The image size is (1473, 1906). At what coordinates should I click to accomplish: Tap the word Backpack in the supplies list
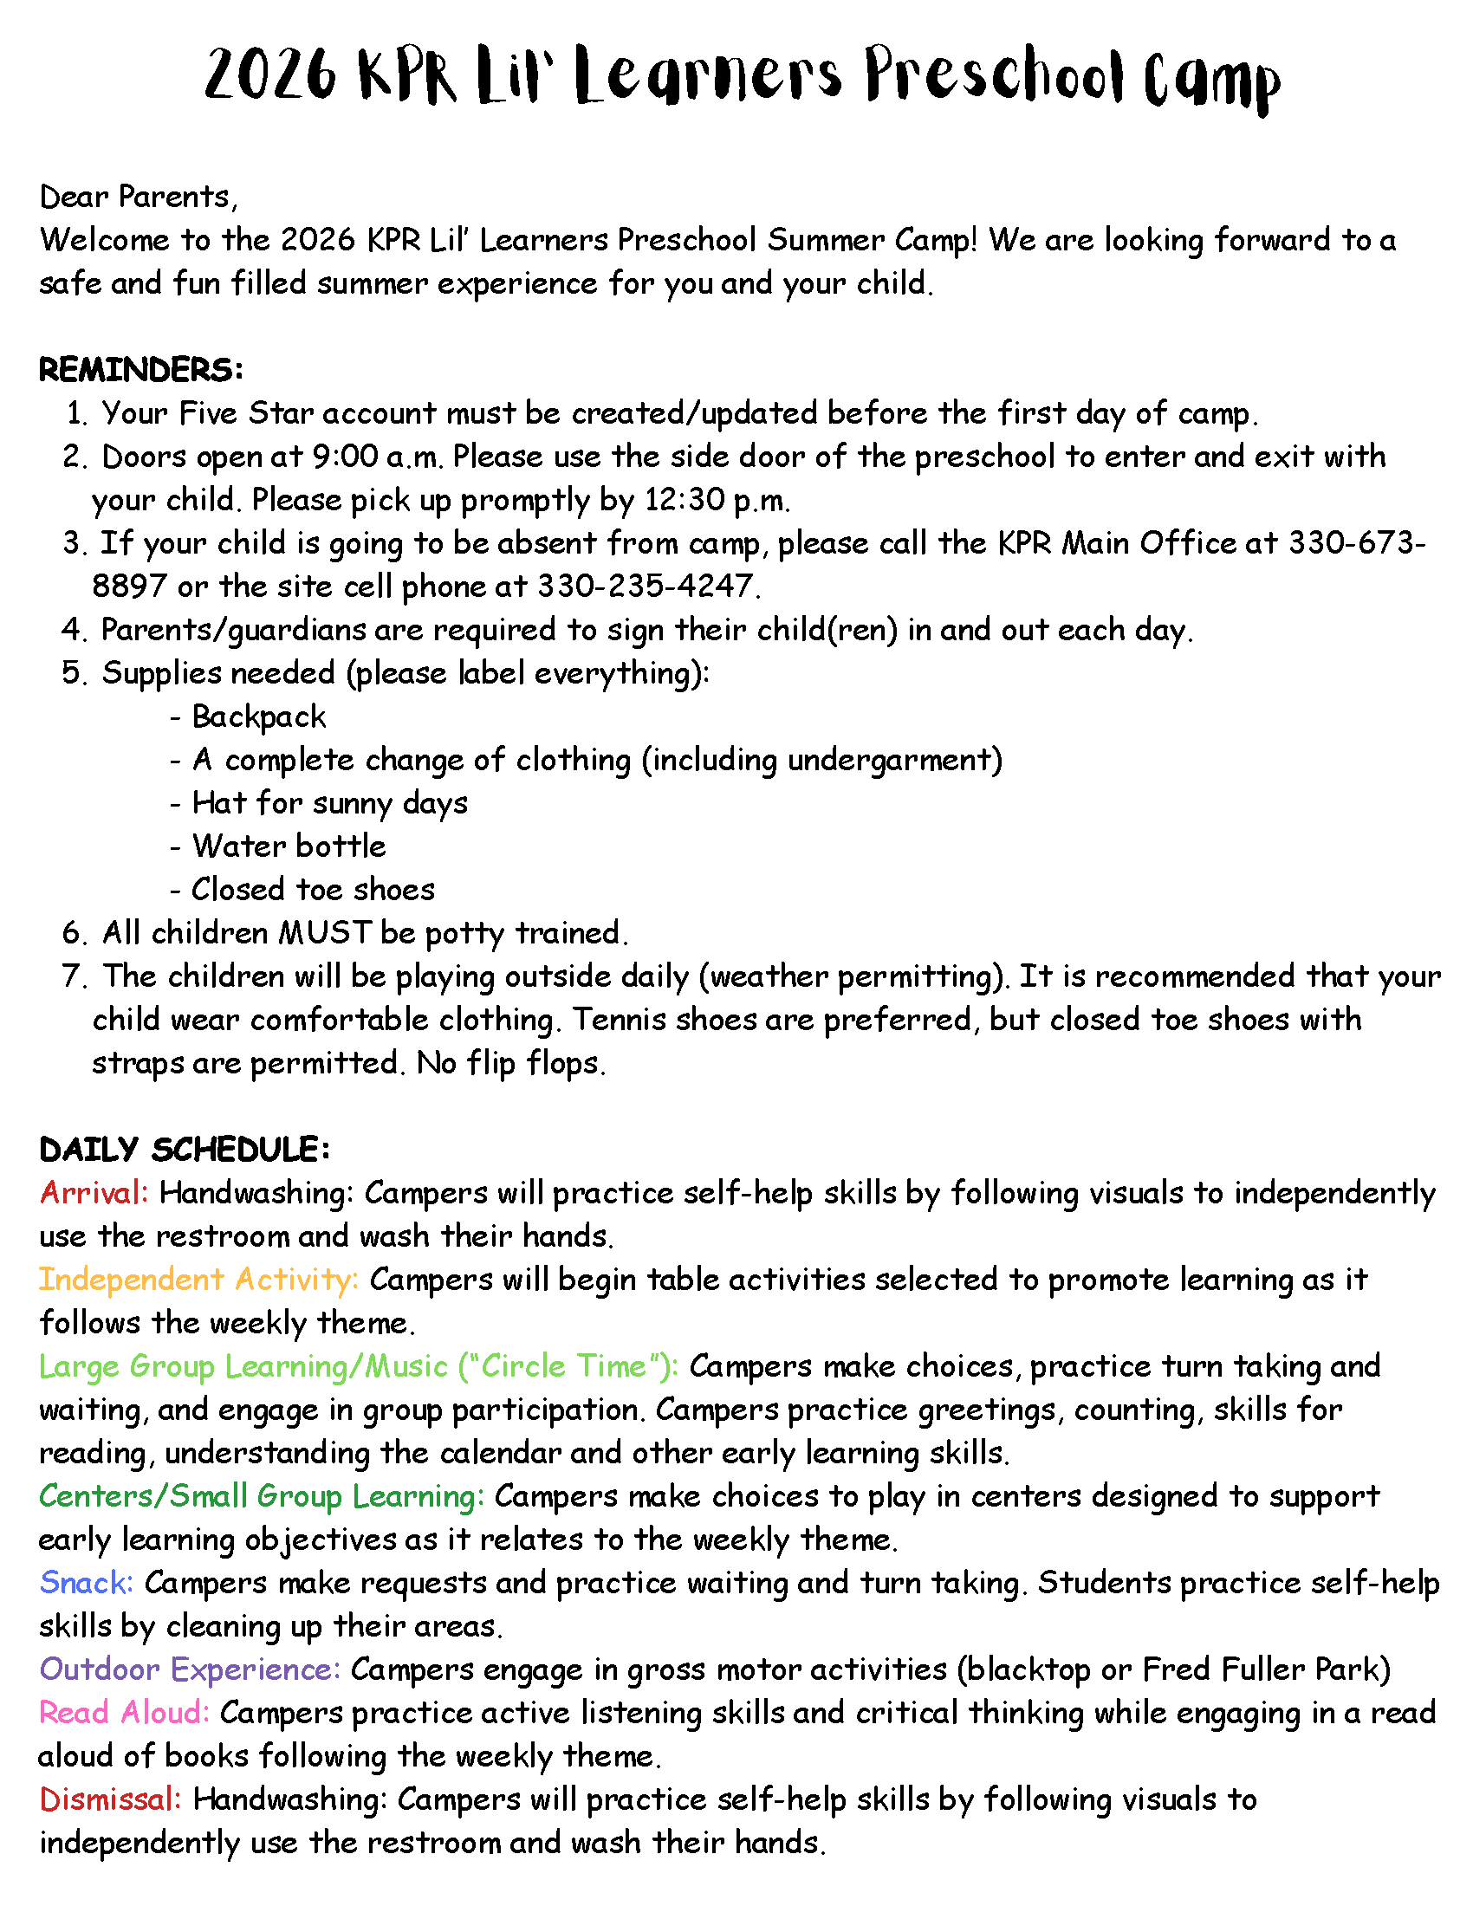click(x=259, y=716)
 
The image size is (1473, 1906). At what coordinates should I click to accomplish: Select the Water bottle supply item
click(x=289, y=846)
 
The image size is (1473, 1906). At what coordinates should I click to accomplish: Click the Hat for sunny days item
click(x=330, y=803)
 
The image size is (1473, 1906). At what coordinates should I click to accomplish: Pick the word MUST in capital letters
click(x=326, y=933)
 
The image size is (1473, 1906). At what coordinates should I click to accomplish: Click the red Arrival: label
click(x=94, y=1193)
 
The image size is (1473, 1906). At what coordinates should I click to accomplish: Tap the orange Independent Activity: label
click(x=199, y=1280)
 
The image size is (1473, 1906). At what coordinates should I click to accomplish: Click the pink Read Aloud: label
click(x=124, y=1712)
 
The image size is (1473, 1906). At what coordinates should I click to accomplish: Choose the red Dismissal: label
click(x=111, y=1799)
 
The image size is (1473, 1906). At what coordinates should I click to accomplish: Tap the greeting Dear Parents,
click(x=139, y=198)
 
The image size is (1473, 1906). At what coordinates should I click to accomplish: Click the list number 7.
click(x=74, y=976)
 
